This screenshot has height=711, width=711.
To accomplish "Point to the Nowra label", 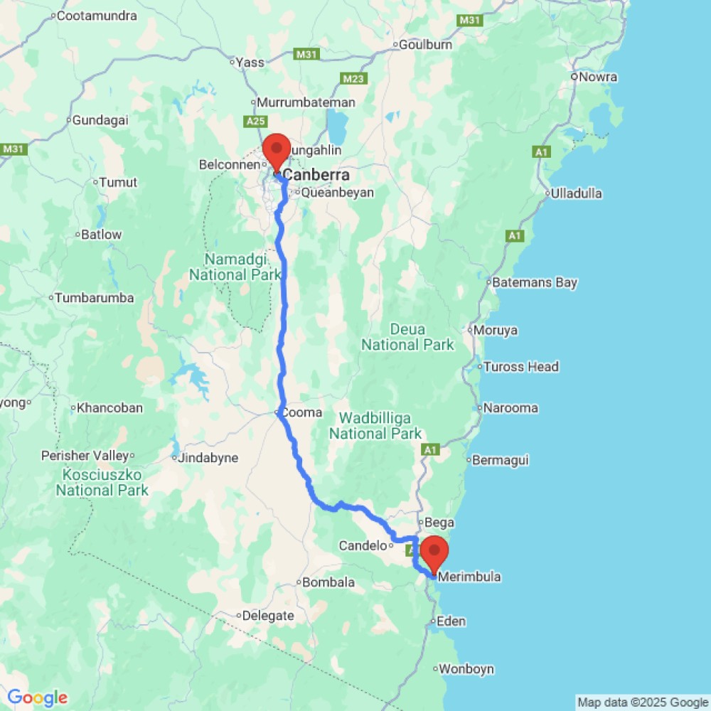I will (598, 77).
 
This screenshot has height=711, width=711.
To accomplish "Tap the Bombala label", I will (328, 582).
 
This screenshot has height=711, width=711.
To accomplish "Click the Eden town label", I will (451, 621).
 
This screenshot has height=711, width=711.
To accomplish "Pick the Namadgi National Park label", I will (227, 267).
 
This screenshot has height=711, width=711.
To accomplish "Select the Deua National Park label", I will (407, 337).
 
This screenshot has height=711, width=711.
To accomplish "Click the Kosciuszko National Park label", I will (102, 482).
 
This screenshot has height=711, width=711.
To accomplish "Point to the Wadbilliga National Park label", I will (376, 424).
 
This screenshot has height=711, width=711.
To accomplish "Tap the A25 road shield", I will (256, 122).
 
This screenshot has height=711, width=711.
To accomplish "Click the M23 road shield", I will (353, 78).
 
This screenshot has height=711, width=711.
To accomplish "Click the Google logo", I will (37, 698).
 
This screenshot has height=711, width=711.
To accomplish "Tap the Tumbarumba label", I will (95, 298).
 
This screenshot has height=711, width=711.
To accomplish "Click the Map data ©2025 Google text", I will (643, 702).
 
